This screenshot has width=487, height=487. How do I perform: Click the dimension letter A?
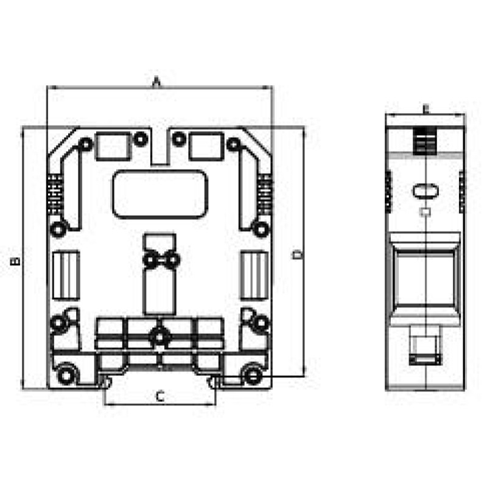(x=156, y=81)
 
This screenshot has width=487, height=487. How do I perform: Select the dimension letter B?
(x=16, y=261)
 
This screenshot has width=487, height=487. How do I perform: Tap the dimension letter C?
(x=159, y=397)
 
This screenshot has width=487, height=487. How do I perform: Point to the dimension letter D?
(x=297, y=254)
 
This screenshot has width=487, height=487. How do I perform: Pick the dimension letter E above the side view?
(x=426, y=109)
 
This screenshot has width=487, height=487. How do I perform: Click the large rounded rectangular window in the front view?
(x=160, y=194)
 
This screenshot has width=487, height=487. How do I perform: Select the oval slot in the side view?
(x=425, y=191)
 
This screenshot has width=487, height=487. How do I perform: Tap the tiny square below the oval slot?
(x=426, y=212)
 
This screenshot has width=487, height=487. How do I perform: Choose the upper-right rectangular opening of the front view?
(x=205, y=146)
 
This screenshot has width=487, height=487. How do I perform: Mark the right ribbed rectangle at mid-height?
(x=254, y=275)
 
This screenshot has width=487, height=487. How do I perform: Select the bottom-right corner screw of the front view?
(x=252, y=374)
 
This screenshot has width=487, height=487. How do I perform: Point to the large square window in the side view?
(x=425, y=279)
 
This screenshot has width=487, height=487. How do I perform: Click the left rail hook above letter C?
(x=106, y=383)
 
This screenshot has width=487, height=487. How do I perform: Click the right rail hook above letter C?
(x=214, y=383)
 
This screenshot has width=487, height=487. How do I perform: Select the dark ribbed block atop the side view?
(x=425, y=141)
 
